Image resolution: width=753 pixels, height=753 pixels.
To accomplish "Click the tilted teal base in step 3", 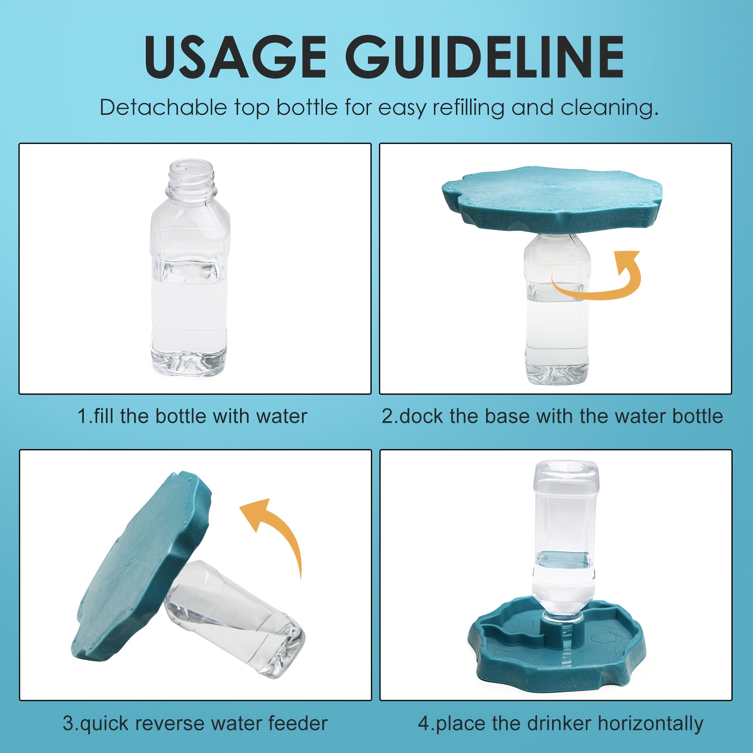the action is click(142, 565).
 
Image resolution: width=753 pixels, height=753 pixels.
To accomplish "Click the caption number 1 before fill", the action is click(83, 417).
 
